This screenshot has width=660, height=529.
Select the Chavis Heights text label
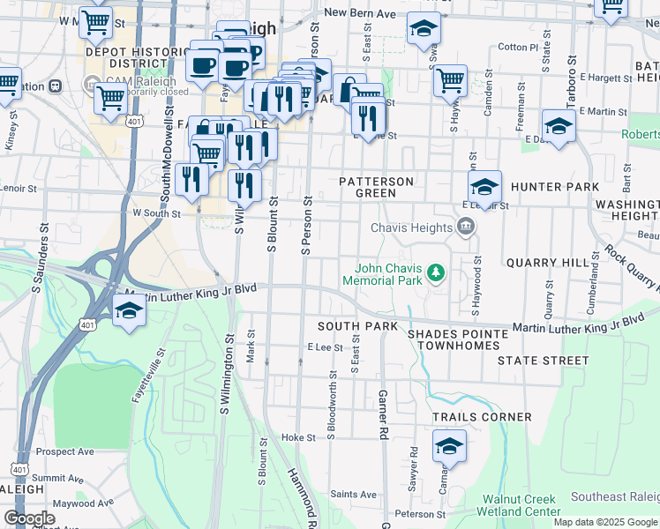coord(410,227)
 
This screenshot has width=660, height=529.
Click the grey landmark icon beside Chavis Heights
coord(465,227)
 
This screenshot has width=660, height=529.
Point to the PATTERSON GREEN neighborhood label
coord(376,187)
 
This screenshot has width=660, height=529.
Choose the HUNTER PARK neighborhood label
coord(554,187)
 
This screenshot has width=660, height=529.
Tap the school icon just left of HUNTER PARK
coord(484,187)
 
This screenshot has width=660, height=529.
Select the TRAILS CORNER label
coord(481,416)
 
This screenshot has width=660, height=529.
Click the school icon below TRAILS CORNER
coord(449,446)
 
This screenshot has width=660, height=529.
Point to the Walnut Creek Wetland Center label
coord(521,505)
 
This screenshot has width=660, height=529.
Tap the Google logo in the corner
coord(29,518)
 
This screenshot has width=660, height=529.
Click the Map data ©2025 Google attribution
coord(604,522)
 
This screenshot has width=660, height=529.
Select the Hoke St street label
coord(298,437)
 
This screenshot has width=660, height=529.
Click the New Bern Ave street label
coord(359,12)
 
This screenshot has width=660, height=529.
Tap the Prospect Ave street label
coord(65,451)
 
